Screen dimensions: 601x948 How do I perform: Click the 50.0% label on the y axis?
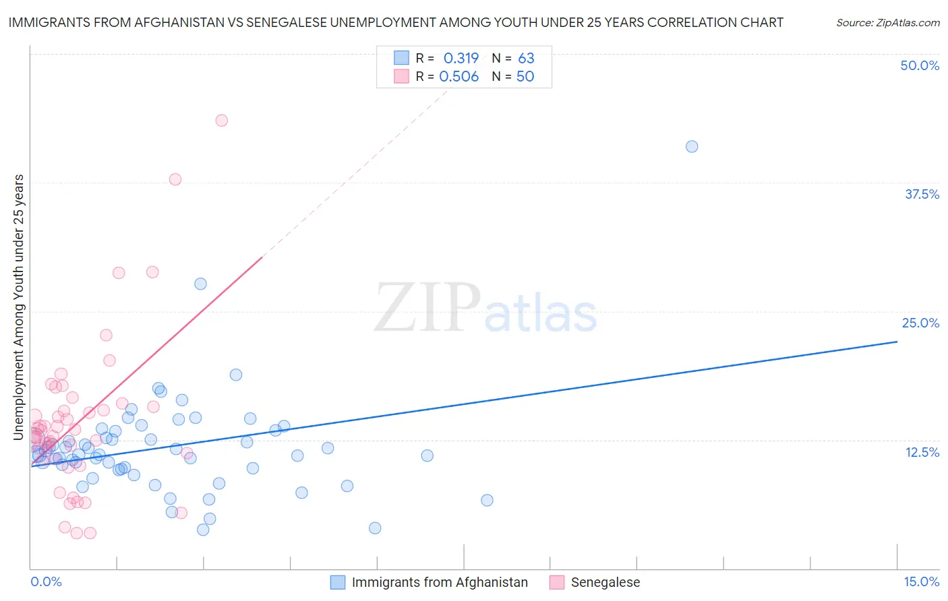(920, 65)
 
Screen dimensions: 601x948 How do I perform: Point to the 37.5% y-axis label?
(922, 194)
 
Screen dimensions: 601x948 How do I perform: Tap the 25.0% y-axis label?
(920, 323)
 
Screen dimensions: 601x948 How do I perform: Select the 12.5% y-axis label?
(922, 452)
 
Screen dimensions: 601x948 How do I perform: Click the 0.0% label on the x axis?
(46, 581)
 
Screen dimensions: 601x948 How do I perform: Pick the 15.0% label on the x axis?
(921, 581)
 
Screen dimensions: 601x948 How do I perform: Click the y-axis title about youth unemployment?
(18, 307)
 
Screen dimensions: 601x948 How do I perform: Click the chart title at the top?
(396, 22)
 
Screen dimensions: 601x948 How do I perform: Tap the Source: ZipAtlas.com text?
(887, 22)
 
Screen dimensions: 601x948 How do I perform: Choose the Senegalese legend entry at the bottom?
(605, 582)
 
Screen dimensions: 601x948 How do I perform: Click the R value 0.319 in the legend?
(461, 59)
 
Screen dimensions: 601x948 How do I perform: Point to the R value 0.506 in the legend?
(459, 77)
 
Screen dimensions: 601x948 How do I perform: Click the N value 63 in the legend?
(526, 59)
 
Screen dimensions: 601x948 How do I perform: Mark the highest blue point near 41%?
(692, 147)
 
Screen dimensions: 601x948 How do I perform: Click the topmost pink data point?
(221, 121)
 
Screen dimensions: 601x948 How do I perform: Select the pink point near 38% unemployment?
(175, 179)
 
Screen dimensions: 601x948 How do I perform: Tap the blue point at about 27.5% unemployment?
(200, 284)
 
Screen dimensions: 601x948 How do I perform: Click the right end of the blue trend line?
(897, 342)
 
